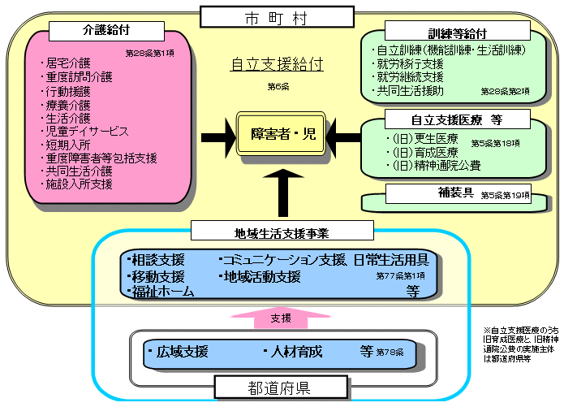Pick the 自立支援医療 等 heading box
[458, 119]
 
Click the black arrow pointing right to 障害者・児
[214, 134]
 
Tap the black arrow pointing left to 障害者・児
[347, 134]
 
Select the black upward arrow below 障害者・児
[283, 191]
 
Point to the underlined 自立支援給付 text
[277, 64]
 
